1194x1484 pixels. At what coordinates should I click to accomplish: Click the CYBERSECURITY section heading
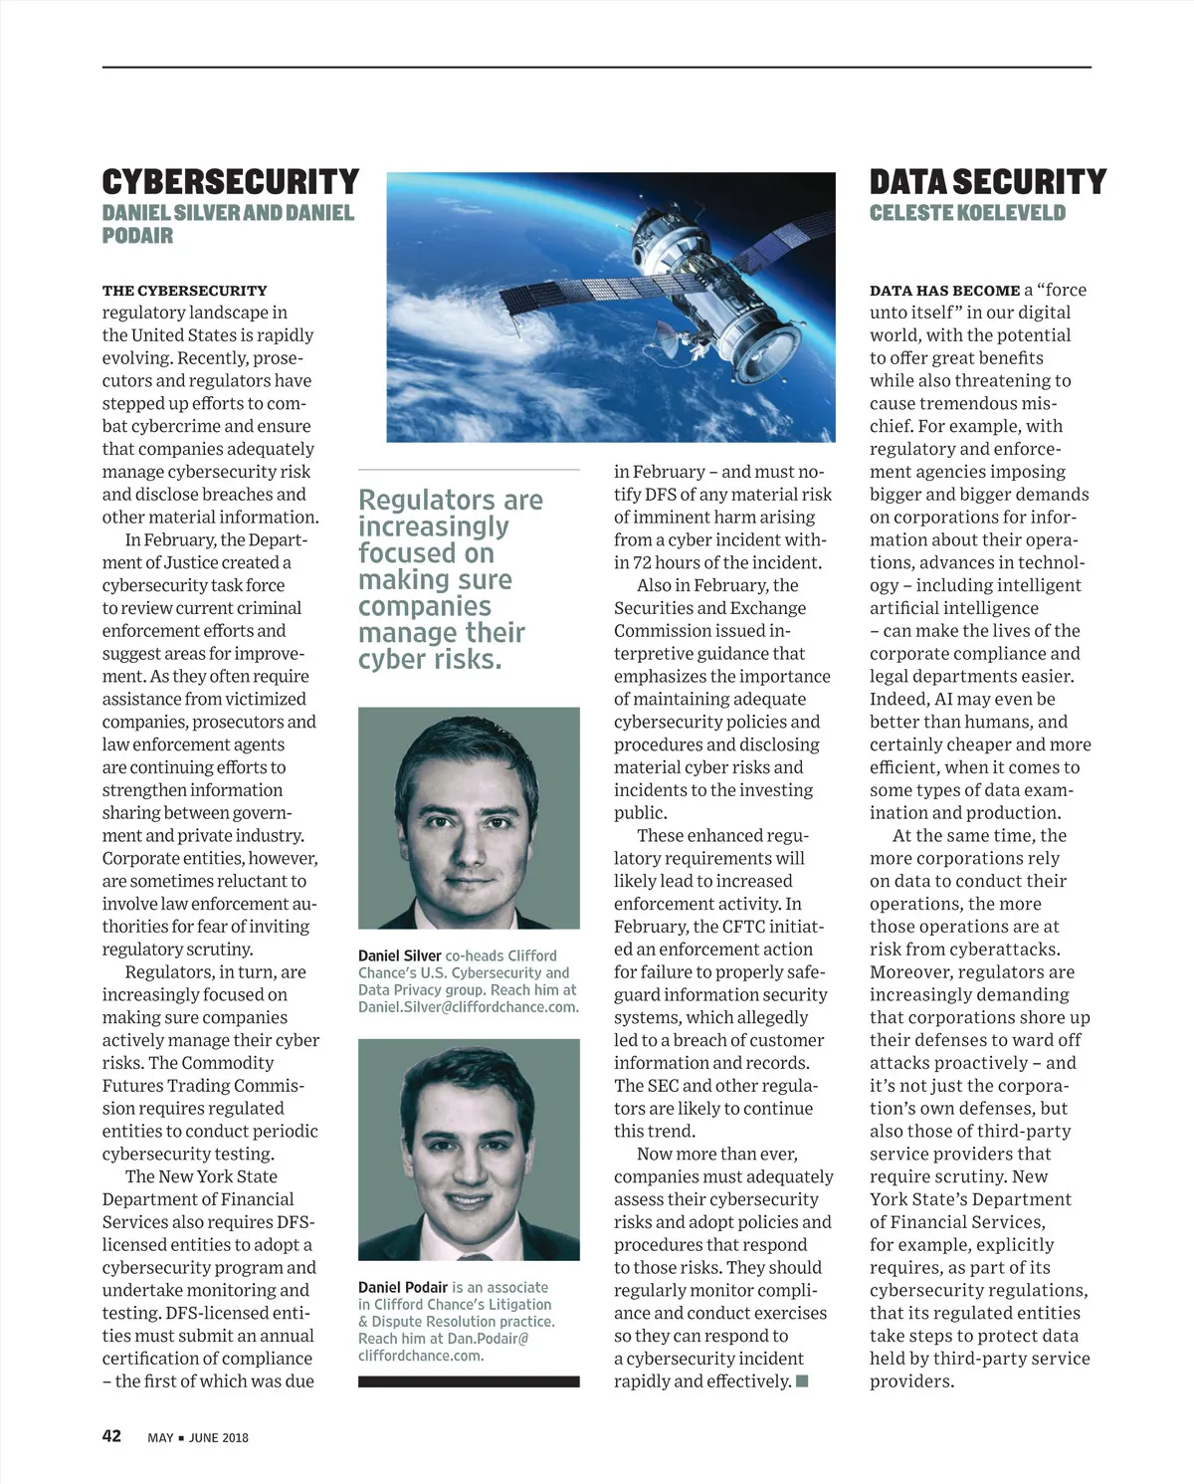click(230, 182)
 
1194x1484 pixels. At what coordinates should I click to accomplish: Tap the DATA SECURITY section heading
click(987, 182)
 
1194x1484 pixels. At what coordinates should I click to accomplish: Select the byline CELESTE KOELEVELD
click(967, 213)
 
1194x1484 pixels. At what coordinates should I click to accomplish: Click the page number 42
click(111, 1435)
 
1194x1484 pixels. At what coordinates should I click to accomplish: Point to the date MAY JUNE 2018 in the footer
click(198, 1437)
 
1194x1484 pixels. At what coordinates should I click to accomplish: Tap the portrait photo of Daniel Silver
click(469, 817)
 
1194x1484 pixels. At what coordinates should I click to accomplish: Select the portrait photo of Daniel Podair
click(469, 1149)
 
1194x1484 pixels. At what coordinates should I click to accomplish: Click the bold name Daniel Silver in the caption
click(399, 955)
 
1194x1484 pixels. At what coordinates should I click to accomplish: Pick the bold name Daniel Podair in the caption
click(403, 1287)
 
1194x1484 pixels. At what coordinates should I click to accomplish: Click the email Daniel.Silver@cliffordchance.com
click(468, 1006)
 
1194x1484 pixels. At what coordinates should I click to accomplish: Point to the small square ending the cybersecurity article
click(802, 1380)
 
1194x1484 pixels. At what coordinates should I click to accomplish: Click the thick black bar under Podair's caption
click(469, 1381)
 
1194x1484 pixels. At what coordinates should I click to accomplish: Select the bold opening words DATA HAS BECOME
click(944, 291)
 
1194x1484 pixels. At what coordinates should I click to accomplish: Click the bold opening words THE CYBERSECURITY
click(184, 291)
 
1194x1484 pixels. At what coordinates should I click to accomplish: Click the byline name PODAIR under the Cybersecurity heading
click(137, 236)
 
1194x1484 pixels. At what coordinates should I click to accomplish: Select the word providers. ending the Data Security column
click(911, 1380)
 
